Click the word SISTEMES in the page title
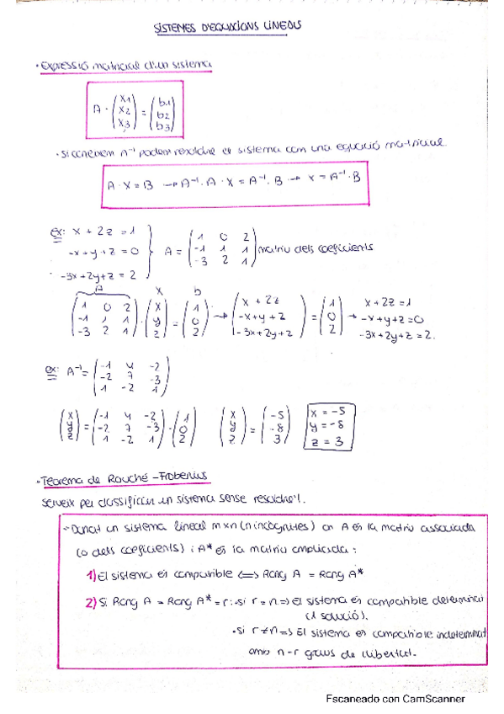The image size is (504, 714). coord(176,29)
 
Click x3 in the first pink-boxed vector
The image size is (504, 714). coord(123,124)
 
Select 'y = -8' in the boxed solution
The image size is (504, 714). coord(326,426)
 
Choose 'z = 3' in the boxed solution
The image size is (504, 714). coord(326,440)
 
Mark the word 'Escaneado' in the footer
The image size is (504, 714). coord(356,698)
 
